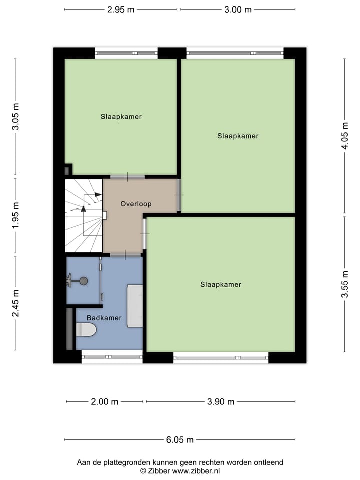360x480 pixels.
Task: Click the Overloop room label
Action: coord(136,204)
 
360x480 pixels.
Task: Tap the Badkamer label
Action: coord(104,318)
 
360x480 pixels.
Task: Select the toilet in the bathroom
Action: coord(86,329)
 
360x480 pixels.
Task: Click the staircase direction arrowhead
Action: coord(83,208)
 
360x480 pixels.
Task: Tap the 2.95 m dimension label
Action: coord(120,9)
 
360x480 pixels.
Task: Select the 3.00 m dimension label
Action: coord(238,9)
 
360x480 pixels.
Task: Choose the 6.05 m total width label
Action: coord(180,440)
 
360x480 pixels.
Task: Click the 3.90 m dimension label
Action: coord(221,401)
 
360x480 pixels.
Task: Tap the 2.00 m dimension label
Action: coord(105,401)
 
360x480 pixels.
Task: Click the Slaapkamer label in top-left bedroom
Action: coord(121,117)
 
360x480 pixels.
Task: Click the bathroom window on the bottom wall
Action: coord(112,357)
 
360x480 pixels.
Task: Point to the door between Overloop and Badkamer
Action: coord(125,256)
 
